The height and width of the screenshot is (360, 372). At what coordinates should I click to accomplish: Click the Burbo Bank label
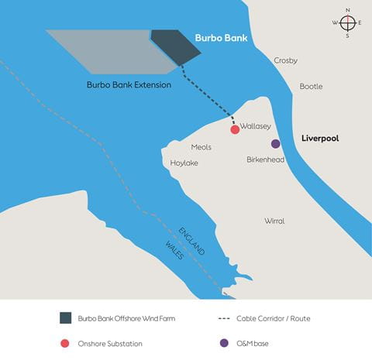point(221,37)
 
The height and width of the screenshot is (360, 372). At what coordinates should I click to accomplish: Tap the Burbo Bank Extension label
point(129,84)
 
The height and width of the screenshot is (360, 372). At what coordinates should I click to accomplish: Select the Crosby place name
point(286,60)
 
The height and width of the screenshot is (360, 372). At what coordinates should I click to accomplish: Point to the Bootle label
point(311,87)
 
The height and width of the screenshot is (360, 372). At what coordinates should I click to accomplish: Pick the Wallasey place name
point(254,124)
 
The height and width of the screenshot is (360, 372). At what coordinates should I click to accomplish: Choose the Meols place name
point(201,147)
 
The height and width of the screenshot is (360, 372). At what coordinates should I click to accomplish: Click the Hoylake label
point(184,163)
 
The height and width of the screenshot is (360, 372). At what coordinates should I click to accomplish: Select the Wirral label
point(274,221)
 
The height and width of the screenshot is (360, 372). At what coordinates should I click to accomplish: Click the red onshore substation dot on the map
point(235,130)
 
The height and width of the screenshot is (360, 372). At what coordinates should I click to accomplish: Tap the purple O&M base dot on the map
point(275,144)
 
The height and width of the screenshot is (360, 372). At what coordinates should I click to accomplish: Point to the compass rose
point(347,22)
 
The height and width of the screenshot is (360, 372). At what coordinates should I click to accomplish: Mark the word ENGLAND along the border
point(191,240)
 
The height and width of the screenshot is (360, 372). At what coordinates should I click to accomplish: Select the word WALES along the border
point(174,250)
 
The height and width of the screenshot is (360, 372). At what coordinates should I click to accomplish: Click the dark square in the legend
point(65,317)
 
